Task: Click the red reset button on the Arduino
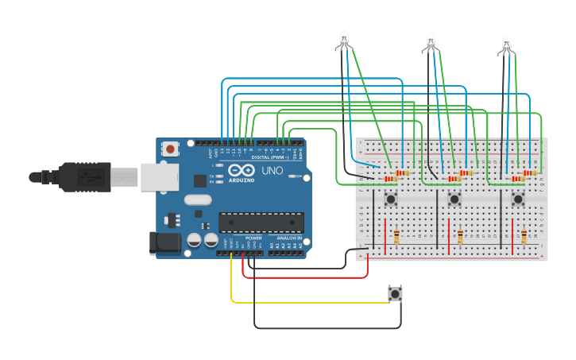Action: click(x=171, y=149)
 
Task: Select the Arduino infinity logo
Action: click(x=240, y=169)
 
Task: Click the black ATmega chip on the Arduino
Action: click(x=261, y=224)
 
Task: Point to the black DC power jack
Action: click(x=165, y=242)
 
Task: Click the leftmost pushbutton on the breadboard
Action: click(x=390, y=199)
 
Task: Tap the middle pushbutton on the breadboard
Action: click(x=454, y=199)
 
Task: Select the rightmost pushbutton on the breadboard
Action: click(x=517, y=199)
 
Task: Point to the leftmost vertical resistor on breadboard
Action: click(x=396, y=236)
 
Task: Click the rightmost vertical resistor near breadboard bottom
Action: click(x=524, y=236)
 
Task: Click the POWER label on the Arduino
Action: click(x=253, y=238)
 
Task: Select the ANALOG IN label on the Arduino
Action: click(x=288, y=238)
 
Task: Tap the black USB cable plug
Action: click(x=83, y=176)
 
